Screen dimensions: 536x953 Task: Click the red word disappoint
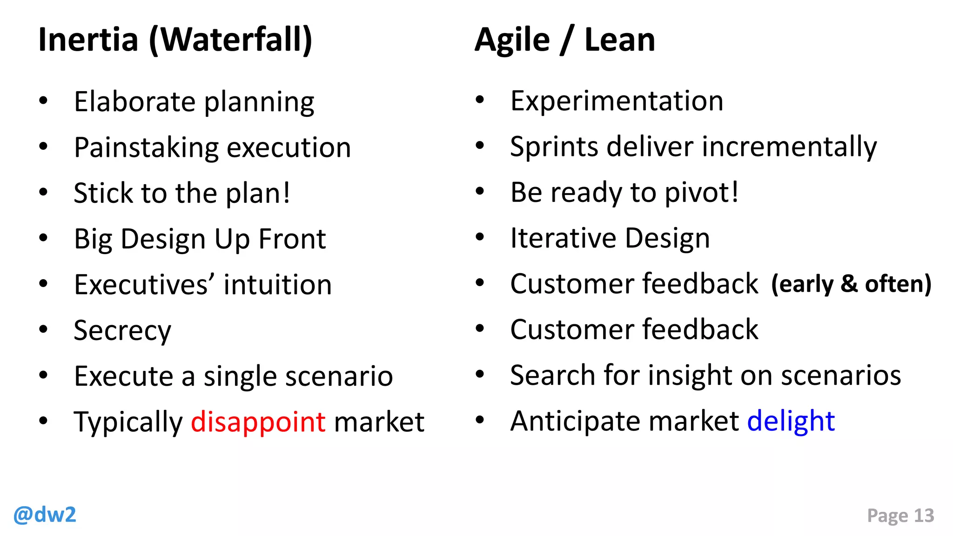pos(258,422)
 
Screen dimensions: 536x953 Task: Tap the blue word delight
pos(791,421)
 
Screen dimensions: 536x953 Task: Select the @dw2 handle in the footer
pos(45,515)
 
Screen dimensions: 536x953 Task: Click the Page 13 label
pos(900,516)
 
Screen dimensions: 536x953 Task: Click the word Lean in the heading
pos(619,40)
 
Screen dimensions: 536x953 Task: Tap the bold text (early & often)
pos(851,284)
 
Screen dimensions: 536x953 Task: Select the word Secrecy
pos(122,331)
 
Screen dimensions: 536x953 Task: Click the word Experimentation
pos(617,101)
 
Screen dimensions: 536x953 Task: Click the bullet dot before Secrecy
pos(43,329)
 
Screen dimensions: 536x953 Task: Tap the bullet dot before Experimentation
pos(480,100)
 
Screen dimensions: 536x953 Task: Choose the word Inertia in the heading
pos(88,40)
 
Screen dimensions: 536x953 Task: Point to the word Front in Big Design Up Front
pos(292,239)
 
